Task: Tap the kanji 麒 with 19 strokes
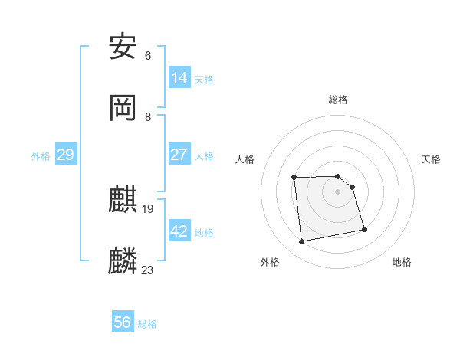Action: tap(123, 200)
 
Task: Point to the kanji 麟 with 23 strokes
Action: tap(123, 260)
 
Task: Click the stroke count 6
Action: tap(148, 56)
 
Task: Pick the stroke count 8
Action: tap(148, 116)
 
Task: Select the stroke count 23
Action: tap(148, 270)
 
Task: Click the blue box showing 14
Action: tap(179, 78)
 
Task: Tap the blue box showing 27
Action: tap(179, 155)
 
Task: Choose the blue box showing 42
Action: tap(179, 231)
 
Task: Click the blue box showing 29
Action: tap(65, 155)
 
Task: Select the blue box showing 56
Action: tap(123, 322)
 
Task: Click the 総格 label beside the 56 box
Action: tap(147, 324)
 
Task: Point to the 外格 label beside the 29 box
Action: tap(41, 156)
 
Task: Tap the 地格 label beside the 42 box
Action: tap(204, 233)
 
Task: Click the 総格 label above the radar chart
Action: tap(338, 100)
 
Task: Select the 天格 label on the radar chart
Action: tap(431, 159)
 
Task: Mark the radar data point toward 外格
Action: tap(302, 242)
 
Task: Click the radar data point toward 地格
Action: tap(364, 229)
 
